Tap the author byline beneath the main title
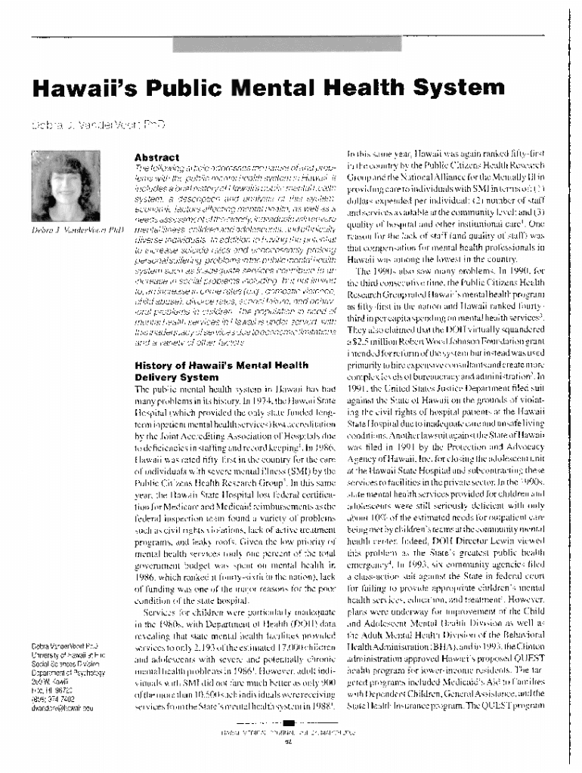point(98,122)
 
